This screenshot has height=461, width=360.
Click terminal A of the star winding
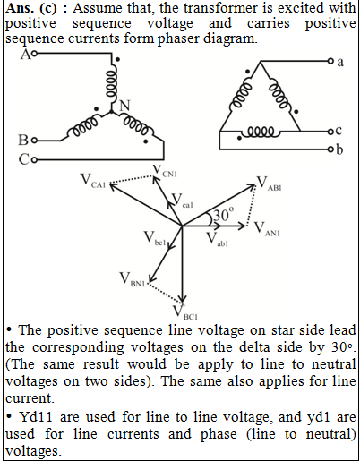coord(34,54)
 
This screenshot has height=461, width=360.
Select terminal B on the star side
coord(35,141)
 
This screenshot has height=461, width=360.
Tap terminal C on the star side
coord(34,160)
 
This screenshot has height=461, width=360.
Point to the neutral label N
coord(124,106)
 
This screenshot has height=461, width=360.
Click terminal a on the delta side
coord(330,61)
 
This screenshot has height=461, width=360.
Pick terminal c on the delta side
coord(330,132)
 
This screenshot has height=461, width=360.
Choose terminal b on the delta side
coord(330,149)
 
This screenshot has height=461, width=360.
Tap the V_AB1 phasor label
coord(269,183)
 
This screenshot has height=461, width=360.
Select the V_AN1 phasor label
coord(267,229)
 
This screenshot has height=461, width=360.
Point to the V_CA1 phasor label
coord(93,181)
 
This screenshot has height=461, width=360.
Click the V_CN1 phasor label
coord(165,171)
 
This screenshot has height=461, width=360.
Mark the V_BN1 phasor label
coord(132,279)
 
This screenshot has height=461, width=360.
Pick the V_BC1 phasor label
coord(185,312)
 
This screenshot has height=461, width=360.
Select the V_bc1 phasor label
coord(154,238)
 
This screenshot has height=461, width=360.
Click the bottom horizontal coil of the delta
coord(261,132)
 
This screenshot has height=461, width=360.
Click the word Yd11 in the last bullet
coord(36,417)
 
